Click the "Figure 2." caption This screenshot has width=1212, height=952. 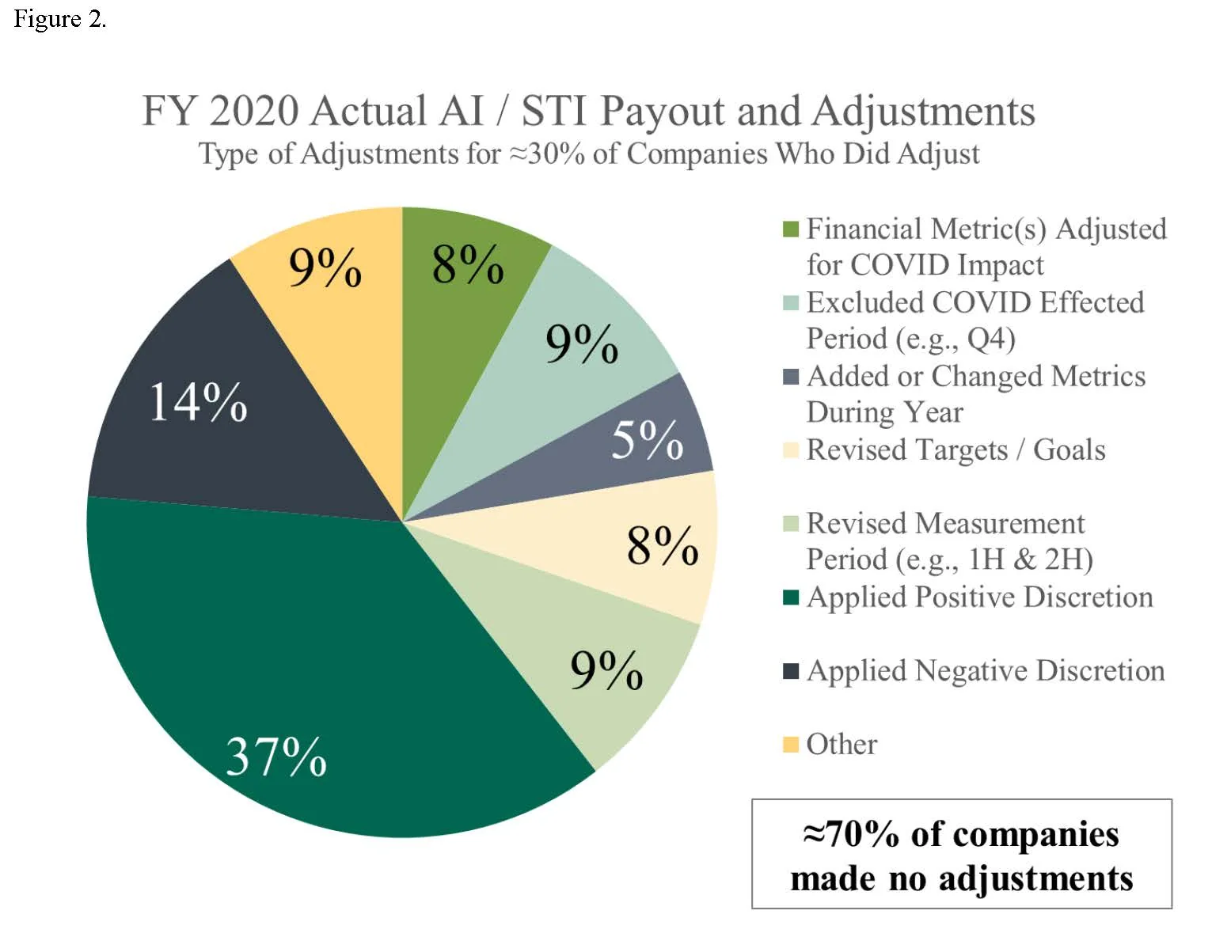coord(59,19)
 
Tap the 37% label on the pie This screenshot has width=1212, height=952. coord(275,757)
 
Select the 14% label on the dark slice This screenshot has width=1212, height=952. coord(198,402)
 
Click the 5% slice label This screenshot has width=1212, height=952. coord(647,440)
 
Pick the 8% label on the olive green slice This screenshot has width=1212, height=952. coord(468,264)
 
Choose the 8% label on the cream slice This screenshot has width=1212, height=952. coord(663,546)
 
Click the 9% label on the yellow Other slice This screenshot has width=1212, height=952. coord(325,267)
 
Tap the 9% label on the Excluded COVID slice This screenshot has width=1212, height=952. coord(582,344)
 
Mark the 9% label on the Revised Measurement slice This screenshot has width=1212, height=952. coord(606,671)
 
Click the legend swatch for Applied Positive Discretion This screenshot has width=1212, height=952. coord(790,597)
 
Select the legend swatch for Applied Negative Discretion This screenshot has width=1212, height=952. coord(790,671)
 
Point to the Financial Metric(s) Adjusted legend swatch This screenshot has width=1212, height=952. coord(790,229)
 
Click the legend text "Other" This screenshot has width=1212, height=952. coord(842,745)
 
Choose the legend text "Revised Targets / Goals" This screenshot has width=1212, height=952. coord(956,449)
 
